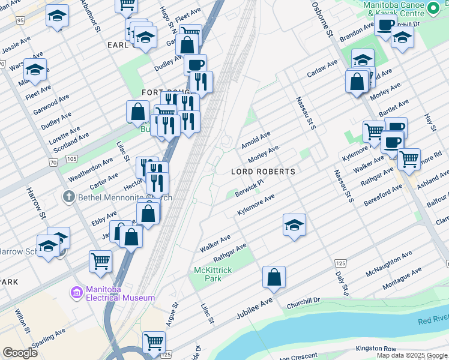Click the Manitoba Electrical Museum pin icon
click(x=76, y=292)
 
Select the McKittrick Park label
click(x=212, y=275)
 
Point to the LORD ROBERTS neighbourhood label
click(x=264, y=172)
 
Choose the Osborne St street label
click(x=321, y=21)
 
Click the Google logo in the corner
click(x=20, y=353)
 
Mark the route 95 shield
click(x=21, y=20)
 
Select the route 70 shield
click(x=53, y=163)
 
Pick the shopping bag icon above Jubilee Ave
click(x=274, y=277)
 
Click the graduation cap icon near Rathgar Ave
click(x=294, y=226)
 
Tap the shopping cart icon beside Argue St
click(x=154, y=341)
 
